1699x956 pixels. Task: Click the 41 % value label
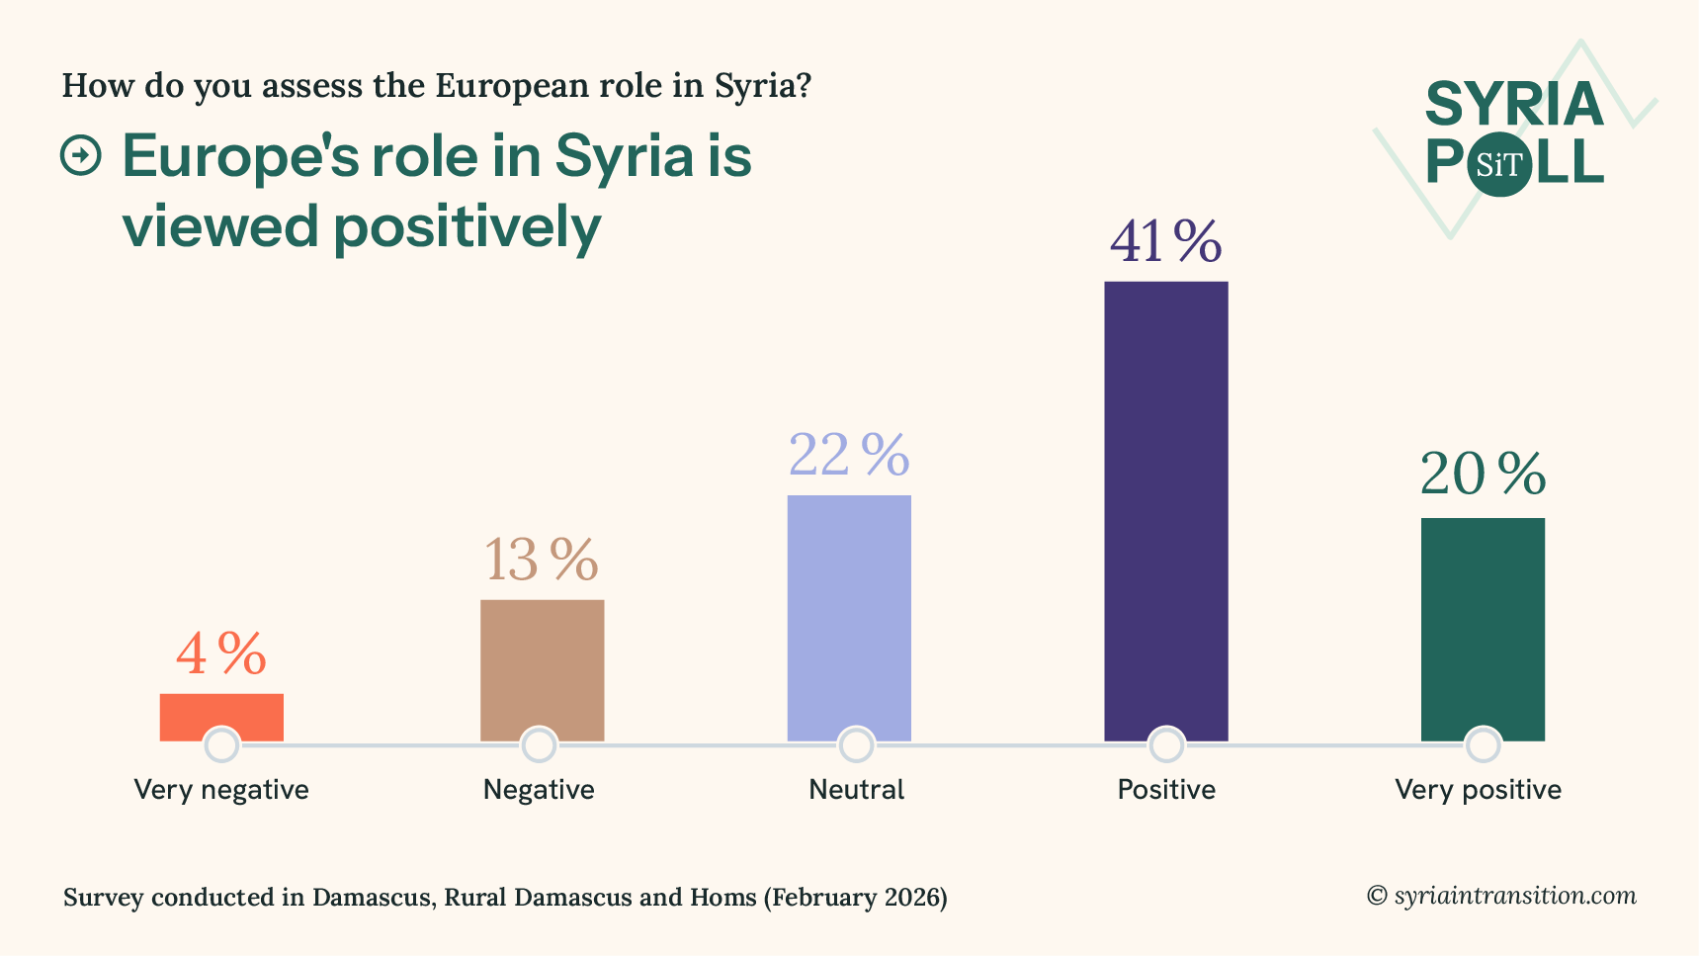pyautogui.click(x=1166, y=242)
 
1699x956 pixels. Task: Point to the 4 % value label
pyautogui.click(x=221, y=654)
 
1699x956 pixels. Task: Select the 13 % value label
pyautogui.click(x=542, y=561)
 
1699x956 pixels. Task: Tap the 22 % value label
pyautogui.click(x=849, y=456)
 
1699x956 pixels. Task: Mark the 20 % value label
pyautogui.click(x=1483, y=476)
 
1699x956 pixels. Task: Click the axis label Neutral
pyautogui.click(x=856, y=790)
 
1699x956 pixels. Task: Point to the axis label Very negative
pyautogui.click(x=221, y=790)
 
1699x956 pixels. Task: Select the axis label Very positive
pyautogui.click(x=1478, y=790)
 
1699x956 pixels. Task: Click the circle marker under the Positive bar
pyautogui.click(x=1166, y=744)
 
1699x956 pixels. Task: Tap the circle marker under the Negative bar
pyautogui.click(x=539, y=744)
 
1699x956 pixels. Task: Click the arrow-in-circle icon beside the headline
pyautogui.click(x=81, y=156)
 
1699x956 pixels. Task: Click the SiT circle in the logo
pyautogui.click(x=1499, y=165)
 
